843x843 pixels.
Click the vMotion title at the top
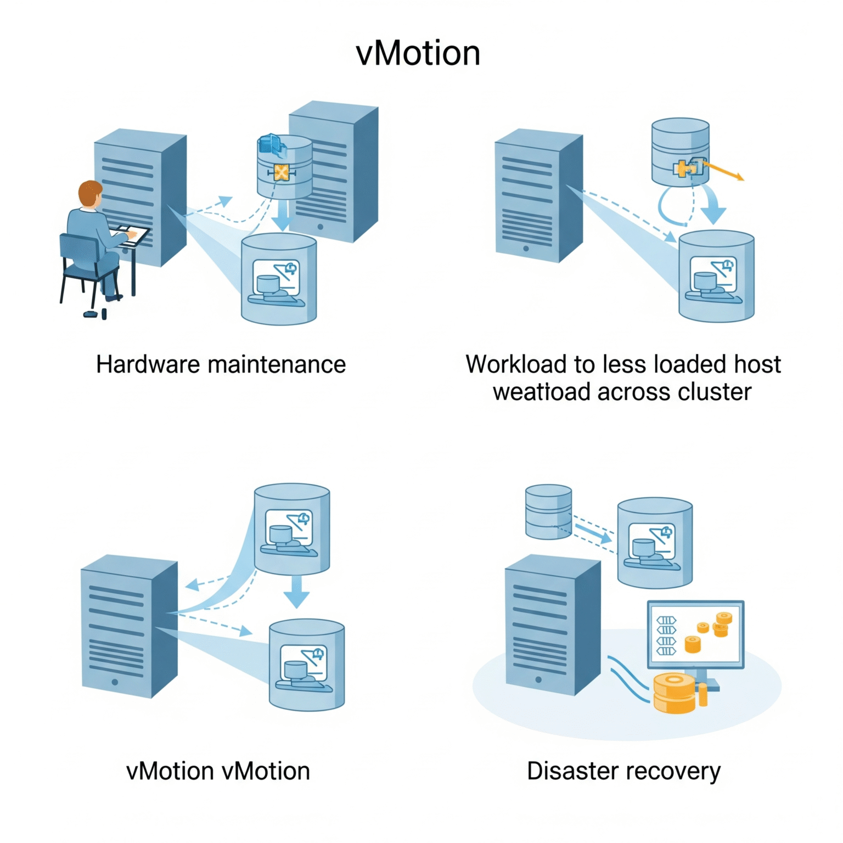418,53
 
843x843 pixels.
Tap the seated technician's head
90,194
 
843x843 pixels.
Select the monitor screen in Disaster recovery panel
695,635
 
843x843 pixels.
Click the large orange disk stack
675,693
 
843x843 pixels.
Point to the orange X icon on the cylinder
281,173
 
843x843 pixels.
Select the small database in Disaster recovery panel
548,512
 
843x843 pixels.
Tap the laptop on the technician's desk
131,233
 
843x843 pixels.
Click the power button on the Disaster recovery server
538,679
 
